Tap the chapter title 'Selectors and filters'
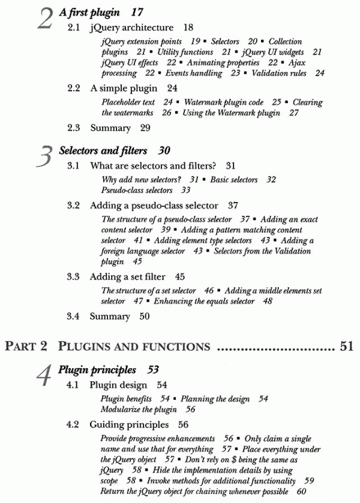pyautogui.click(x=103, y=150)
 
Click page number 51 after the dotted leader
pyautogui.click(x=346, y=346)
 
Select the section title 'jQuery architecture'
pyautogui.click(x=131, y=28)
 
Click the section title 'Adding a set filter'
pyautogui.click(x=128, y=276)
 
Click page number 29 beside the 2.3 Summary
pyautogui.click(x=145, y=128)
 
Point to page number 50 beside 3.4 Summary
pyautogui.click(x=145, y=316)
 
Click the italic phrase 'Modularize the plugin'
pyautogui.click(x=139, y=409)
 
